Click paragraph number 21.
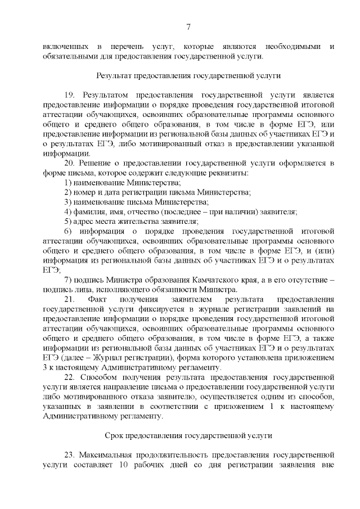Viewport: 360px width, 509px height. [x=69, y=299]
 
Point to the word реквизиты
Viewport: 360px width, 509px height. [x=233, y=173]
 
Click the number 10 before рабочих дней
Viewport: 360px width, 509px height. [x=124, y=465]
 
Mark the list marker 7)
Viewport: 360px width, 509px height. [x=68, y=280]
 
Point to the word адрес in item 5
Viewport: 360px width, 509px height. [x=84, y=222]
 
